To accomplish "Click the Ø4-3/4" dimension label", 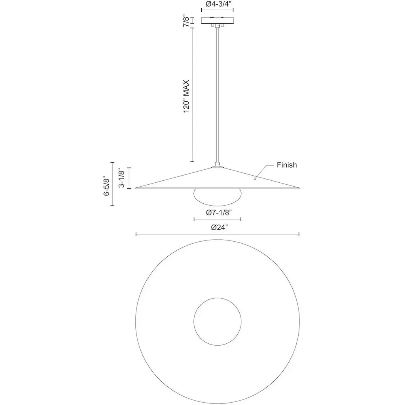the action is [x=217, y=4].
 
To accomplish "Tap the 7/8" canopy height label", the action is [x=186, y=21].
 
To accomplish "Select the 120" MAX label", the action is [x=186, y=96].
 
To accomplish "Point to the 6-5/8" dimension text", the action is [x=107, y=186].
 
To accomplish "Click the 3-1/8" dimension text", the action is [x=121, y=178].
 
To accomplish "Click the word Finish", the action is [x=287, y=165].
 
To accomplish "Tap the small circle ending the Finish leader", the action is [x=255, y=178].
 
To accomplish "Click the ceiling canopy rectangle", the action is [x=218, y=21].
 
